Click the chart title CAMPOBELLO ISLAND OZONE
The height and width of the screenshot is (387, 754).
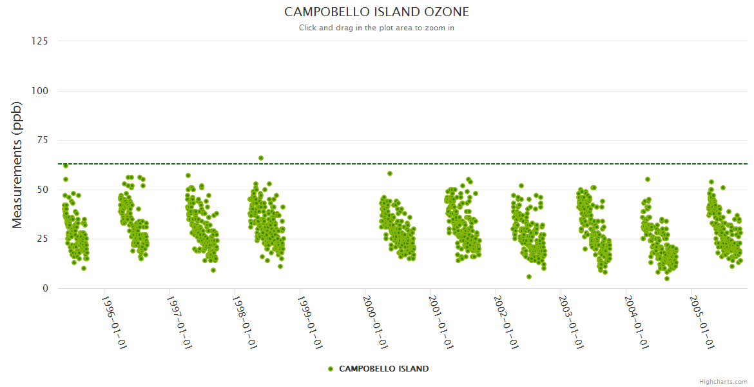376,12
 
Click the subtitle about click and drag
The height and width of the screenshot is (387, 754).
376,28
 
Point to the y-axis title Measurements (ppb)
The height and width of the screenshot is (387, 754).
17,164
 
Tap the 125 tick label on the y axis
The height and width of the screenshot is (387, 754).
40,41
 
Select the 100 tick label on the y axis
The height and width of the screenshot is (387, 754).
40,91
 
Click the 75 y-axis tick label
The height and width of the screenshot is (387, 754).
43,140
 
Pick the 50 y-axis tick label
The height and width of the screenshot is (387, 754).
43,190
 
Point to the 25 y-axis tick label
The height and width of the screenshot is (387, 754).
43,239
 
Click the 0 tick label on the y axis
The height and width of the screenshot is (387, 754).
45,288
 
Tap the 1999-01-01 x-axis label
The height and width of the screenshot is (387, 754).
309,322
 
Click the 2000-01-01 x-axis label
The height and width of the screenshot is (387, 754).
374,322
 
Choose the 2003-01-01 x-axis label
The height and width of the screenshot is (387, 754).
570,322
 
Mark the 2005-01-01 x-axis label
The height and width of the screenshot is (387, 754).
701,322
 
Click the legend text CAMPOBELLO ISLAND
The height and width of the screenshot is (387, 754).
383,369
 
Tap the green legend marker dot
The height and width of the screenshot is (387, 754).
331,369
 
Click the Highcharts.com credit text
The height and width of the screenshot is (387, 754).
723,382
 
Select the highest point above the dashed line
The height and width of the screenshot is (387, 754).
261,158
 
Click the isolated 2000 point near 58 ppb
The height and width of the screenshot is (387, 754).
390,174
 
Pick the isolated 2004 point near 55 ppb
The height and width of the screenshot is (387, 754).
648,179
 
